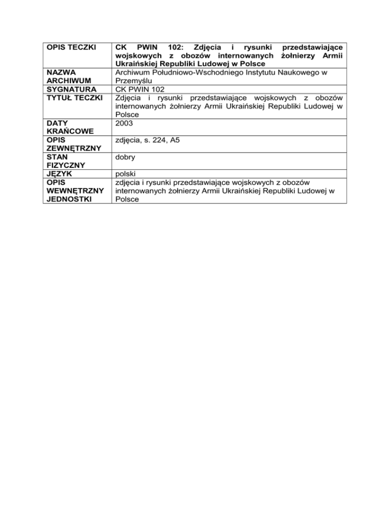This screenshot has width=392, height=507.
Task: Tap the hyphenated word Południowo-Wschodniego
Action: (191, 74)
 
